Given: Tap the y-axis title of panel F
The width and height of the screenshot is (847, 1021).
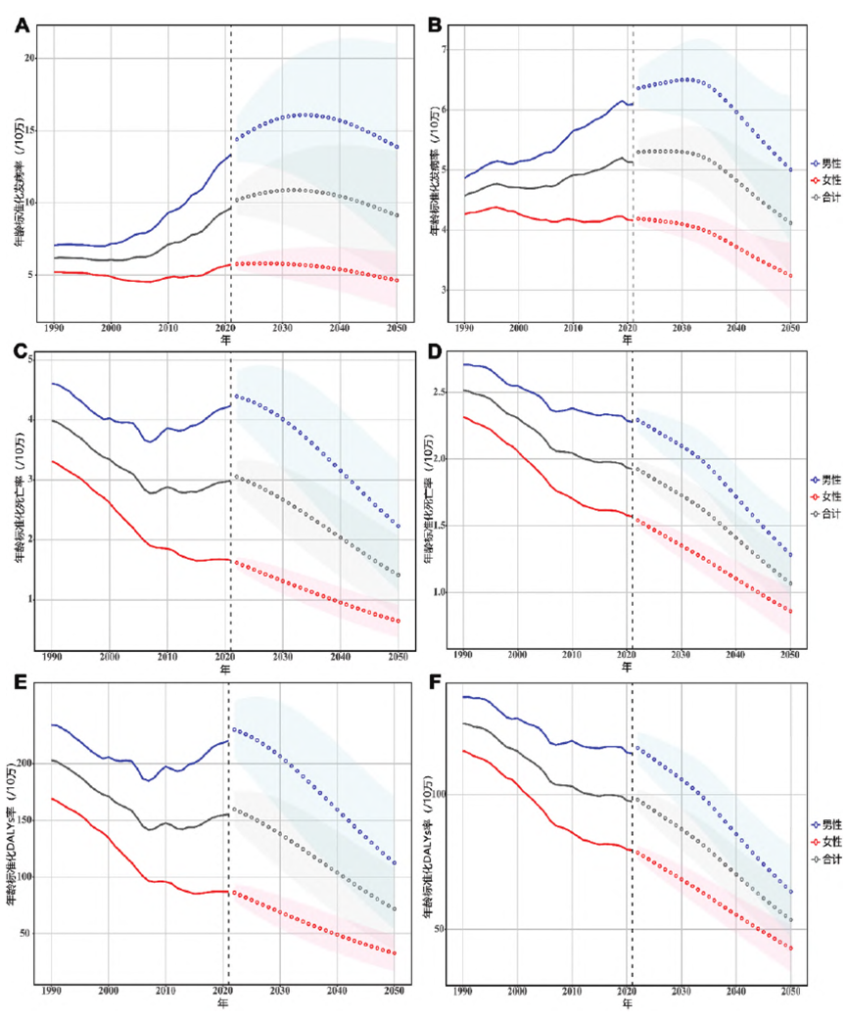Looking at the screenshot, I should tap(428, 837).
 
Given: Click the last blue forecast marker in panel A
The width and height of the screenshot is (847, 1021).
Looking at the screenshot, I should tap(399, 147).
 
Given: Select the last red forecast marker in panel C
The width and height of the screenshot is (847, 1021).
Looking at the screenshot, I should tap(399, 621).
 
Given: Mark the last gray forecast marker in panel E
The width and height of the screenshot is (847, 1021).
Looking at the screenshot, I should tap(394, 909).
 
